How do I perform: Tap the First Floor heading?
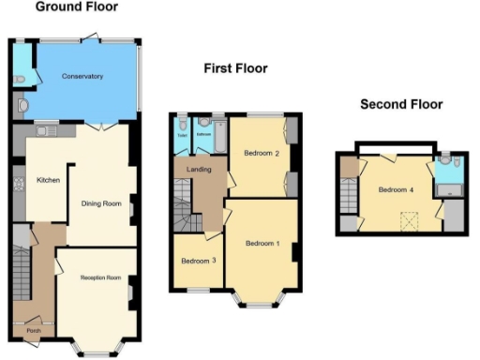(x=235, y=68)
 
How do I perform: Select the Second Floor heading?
(x=401, y=104)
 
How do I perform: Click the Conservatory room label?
(x=82, y=76)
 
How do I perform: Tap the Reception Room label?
(x=100, y=277)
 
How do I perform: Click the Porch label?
(x=33, y=330)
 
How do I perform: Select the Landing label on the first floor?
(x=200, y=169)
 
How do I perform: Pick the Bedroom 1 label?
(x=262, y=244)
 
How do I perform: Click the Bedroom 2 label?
(x=258, y=153)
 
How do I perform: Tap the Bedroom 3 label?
(x=196, y=261)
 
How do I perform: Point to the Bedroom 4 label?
(x=394, y=190)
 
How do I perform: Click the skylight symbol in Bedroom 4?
(x=409, y=220)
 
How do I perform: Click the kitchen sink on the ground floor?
(x=44, y=134)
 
